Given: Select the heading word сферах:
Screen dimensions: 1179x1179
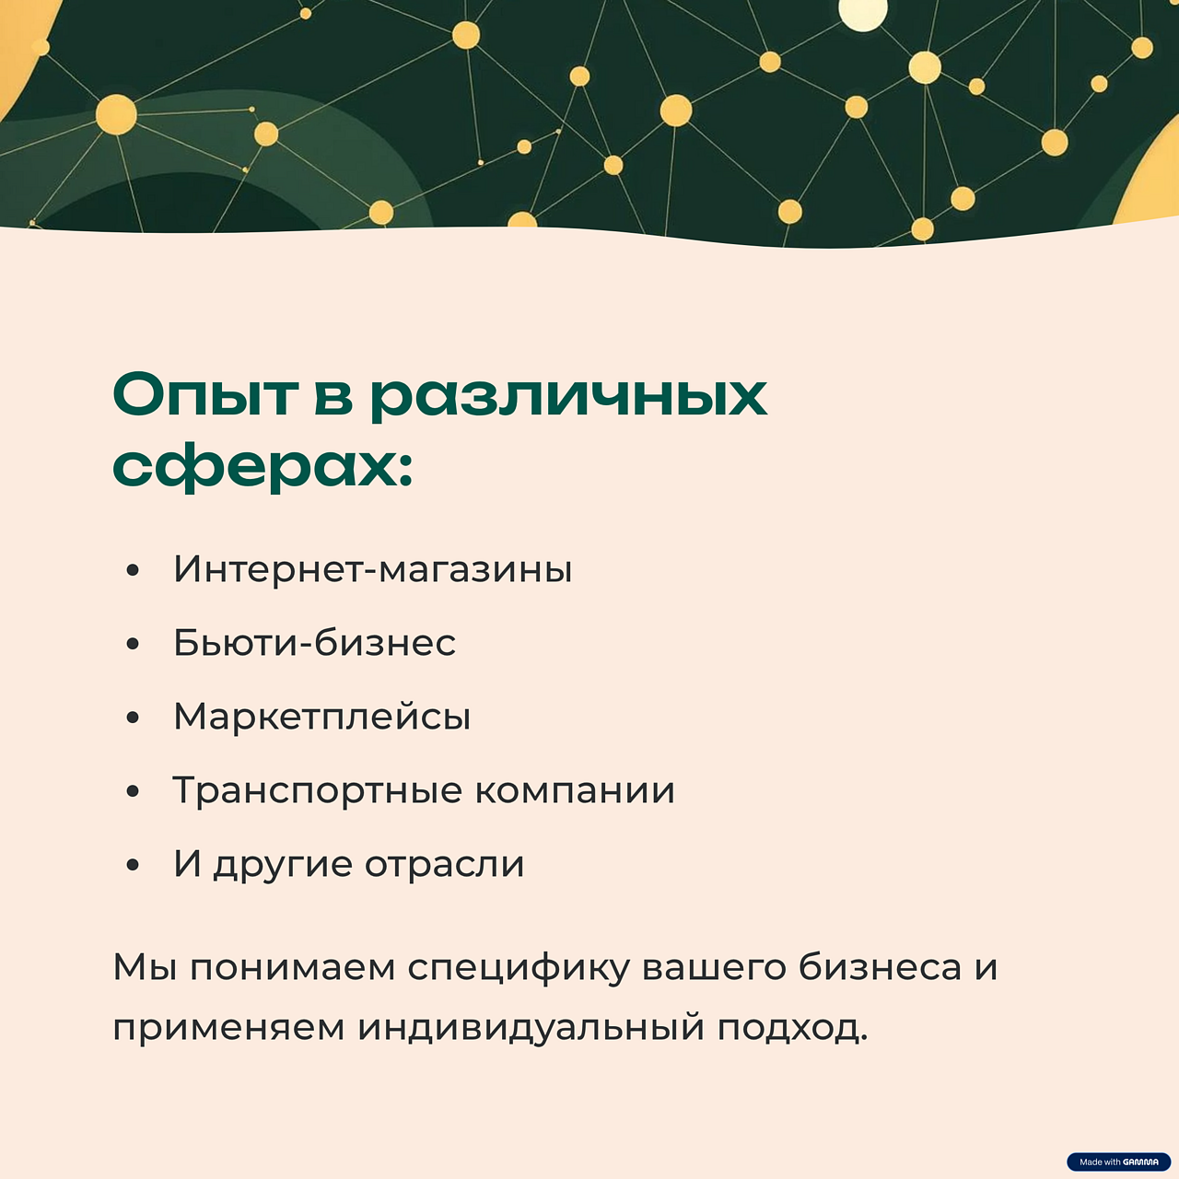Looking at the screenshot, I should [263, 468].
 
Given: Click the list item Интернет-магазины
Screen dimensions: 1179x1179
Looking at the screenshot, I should [372, 569].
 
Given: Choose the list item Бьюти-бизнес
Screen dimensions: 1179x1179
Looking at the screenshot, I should [314, 643].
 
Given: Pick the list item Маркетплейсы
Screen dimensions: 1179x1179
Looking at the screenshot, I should [321, 717].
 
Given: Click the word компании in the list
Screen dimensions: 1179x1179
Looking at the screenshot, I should [575, 790].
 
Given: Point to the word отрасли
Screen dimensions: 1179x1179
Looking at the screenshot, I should [444, 864].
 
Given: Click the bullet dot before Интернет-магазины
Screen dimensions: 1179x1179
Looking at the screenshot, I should [133, 571].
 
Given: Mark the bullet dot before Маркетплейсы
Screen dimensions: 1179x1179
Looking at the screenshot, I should [133, 718].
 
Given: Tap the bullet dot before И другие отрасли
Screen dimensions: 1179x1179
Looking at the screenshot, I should [133, 866].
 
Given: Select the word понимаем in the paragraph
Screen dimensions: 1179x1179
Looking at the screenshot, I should [292, 968].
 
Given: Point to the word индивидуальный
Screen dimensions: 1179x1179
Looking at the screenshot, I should [531, 1028].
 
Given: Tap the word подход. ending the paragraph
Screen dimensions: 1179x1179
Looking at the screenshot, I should [792, 1028].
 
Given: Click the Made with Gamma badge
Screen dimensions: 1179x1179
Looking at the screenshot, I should [1118, 1161].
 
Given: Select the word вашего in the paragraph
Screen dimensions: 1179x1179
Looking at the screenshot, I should [712, 968].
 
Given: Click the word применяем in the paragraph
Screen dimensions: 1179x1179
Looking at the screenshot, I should [228, 1028].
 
